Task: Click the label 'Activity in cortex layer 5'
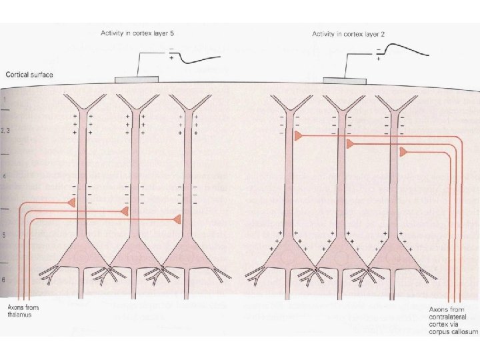(x=137, y=33)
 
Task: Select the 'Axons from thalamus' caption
(x=23, y=311)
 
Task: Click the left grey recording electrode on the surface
(x=137, y=80)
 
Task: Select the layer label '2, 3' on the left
(x=6, y=131)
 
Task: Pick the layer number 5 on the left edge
(x=5, y=235)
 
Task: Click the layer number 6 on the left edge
(x=5, y=280)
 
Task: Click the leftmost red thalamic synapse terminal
(x=71, y=202)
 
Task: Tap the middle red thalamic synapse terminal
(x=125, y=211)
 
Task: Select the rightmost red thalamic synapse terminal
(x=177, y=219)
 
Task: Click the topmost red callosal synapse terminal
(x=299, y=135)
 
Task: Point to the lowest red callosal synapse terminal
(x=404, y=153)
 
